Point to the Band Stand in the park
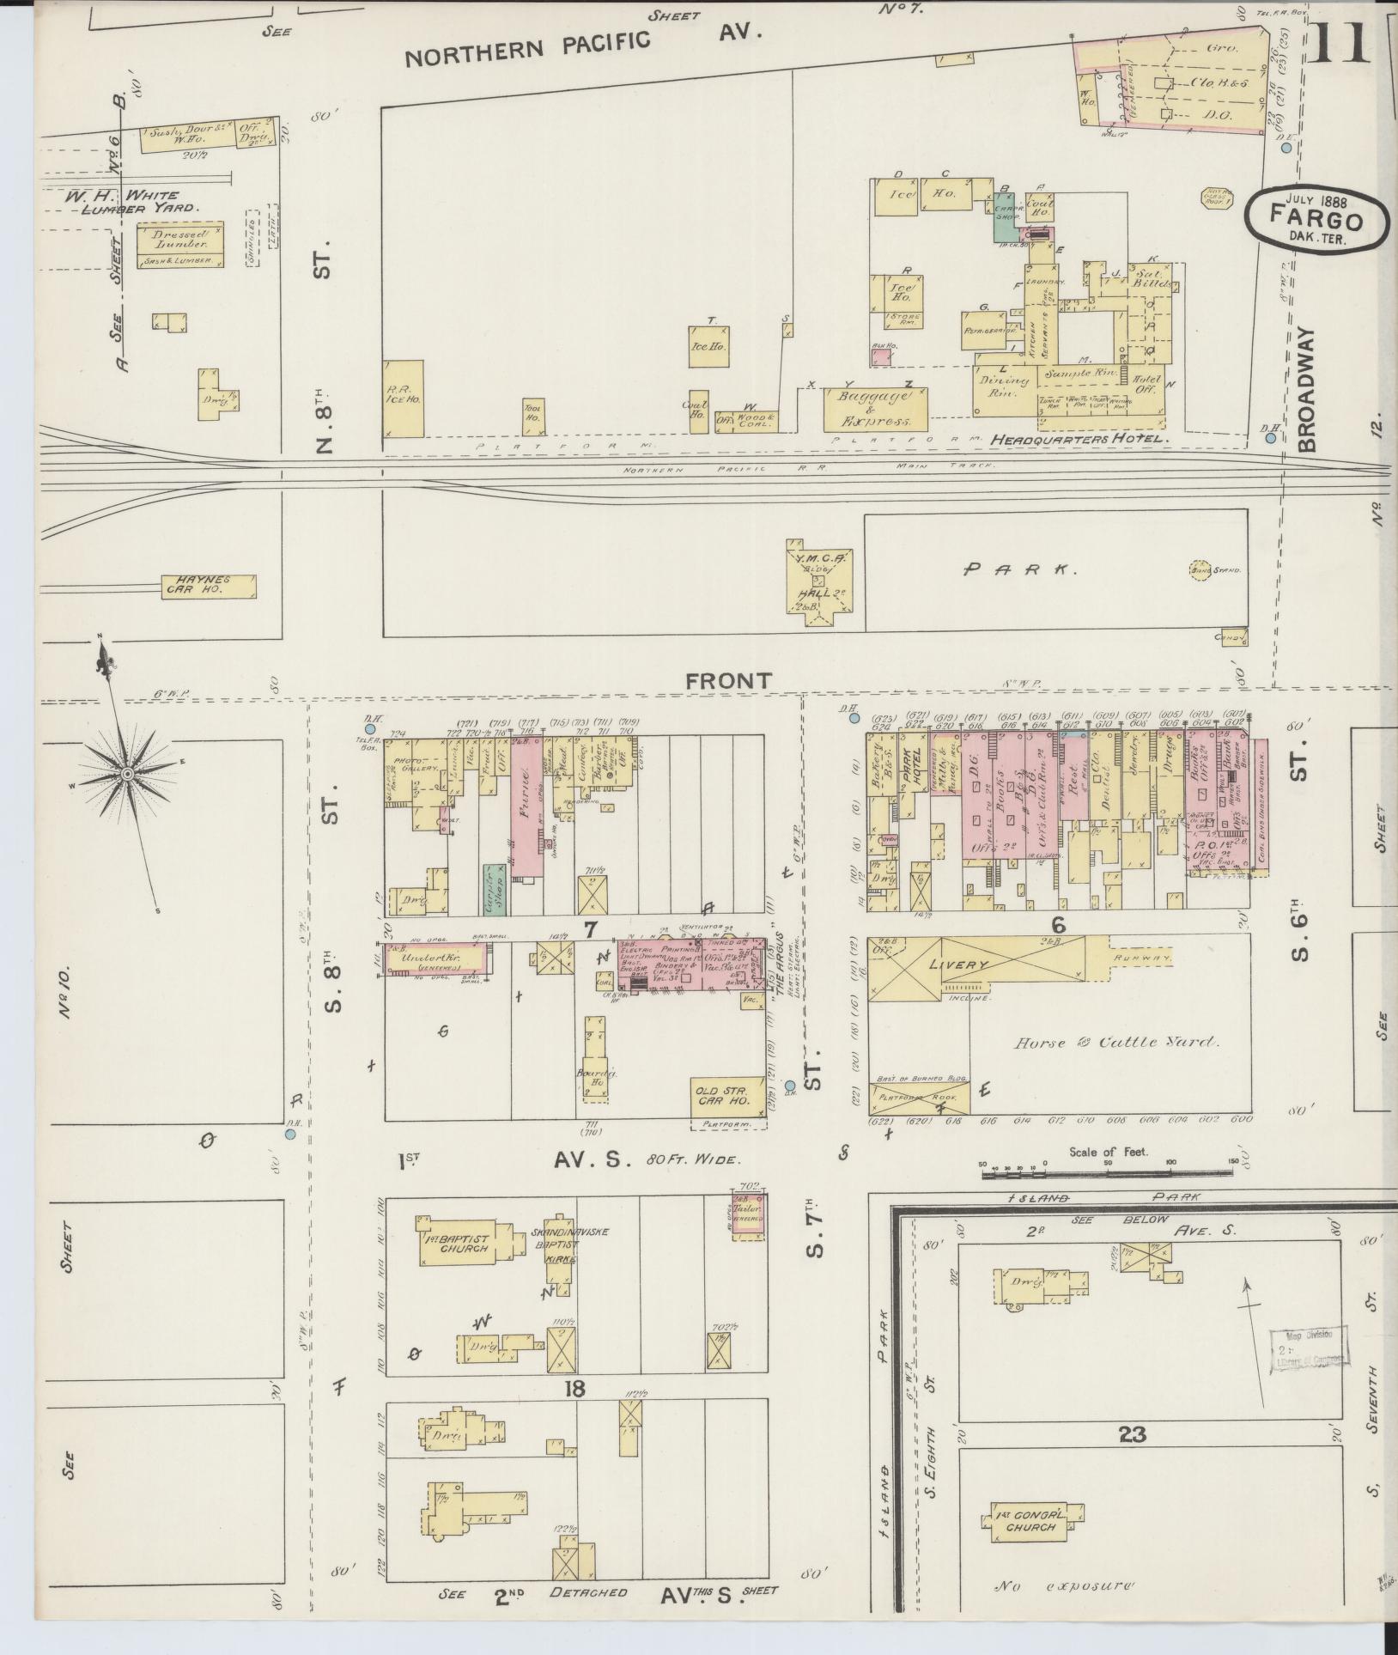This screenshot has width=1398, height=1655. pos(1206,569)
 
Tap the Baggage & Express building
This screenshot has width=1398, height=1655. pos(876,410)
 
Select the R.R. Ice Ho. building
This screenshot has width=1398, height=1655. pos(404,399)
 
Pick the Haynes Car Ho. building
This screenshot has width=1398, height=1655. pos(209,587)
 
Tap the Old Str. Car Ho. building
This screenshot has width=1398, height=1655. pos(726,1095)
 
